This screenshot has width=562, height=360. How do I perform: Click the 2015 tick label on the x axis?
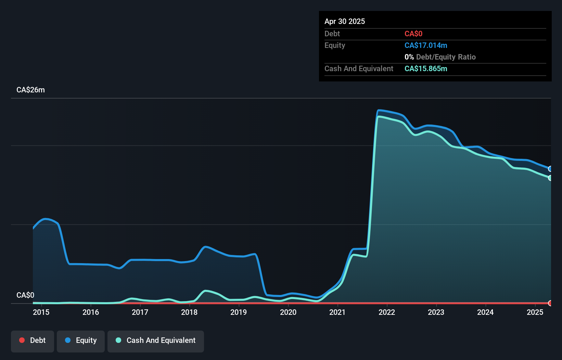tap(41, 312)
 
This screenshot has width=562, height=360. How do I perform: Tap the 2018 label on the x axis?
tap(189, 312)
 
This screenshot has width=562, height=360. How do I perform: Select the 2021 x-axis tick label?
tap(337, 312)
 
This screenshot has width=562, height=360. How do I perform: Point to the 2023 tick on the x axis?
tap(436, 312)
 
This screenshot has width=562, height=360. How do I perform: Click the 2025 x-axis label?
tap(535, 312)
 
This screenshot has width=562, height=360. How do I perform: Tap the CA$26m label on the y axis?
tap(31, 90)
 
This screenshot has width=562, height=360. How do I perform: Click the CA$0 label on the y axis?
tap(25, 295)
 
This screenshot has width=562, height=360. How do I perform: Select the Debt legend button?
tap(33, 340)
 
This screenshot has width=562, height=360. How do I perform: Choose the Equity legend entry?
tap(81, 340)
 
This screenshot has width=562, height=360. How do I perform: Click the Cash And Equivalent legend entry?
tap(156, 340)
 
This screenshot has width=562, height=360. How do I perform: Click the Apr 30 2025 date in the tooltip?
tap(345, 21)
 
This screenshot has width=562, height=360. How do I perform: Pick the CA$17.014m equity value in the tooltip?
tap(426, 46)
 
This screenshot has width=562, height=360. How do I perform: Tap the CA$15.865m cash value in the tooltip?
tap(426, 69)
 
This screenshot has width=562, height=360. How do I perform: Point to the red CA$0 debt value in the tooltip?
tap(413, 34)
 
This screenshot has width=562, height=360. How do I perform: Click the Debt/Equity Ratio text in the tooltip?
tap(446, 57)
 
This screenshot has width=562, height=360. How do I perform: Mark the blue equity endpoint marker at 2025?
tap(550, 169)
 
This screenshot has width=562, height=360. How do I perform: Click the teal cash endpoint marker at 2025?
tap(550, 178)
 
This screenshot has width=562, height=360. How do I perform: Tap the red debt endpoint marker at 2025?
tap(550, 303)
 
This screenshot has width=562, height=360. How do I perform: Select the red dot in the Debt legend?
tap(22, 340)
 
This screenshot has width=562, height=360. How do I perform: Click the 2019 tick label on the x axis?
tap(239, 312)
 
